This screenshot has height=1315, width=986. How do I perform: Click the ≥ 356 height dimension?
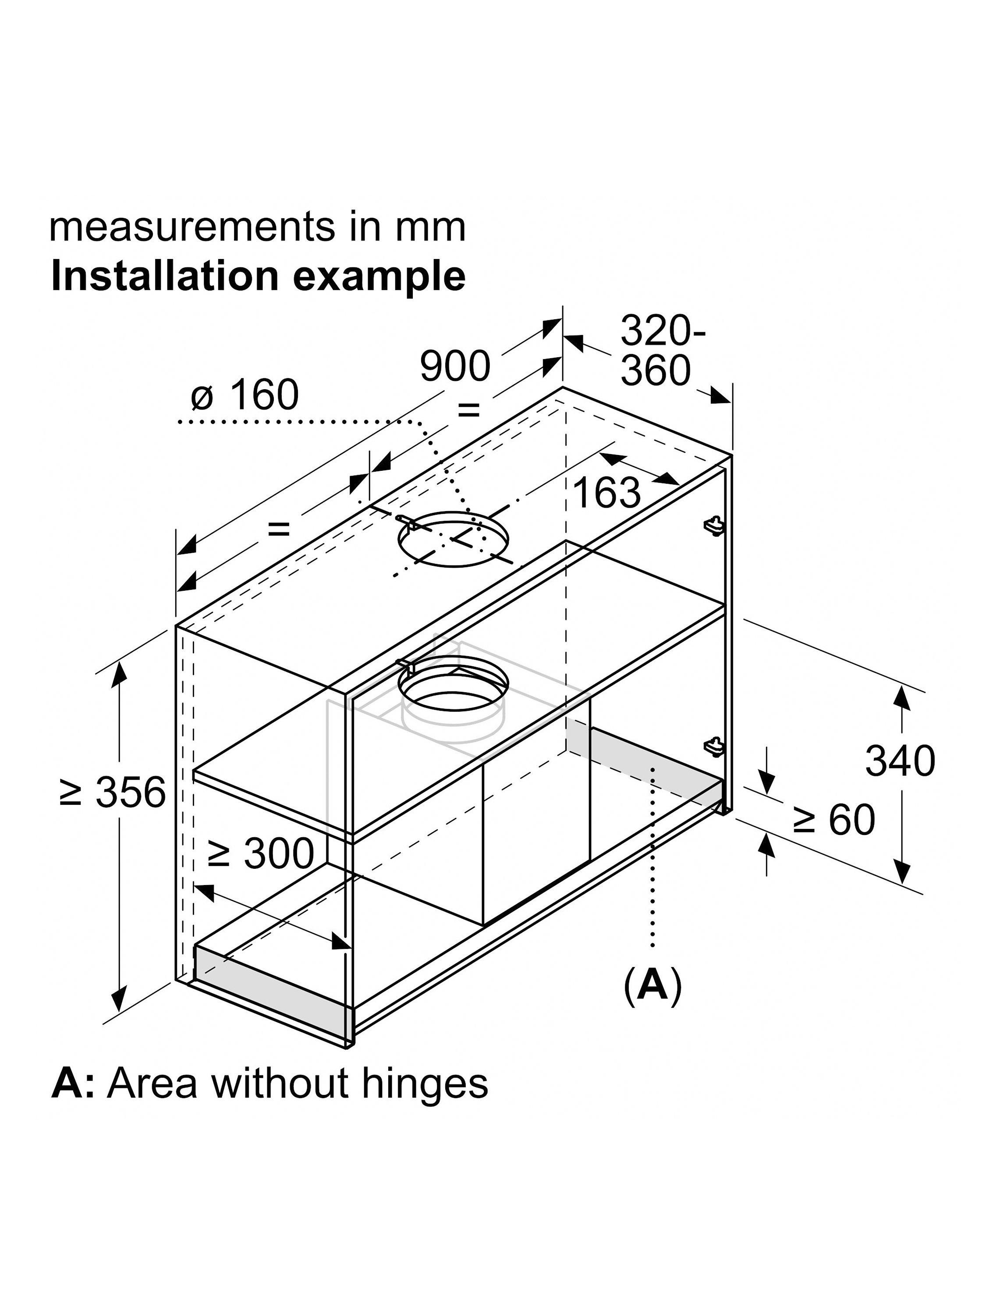(x=113, y=792)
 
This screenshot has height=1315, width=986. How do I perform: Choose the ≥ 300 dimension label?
(x=261, y=854)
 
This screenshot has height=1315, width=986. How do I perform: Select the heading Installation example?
(x=258, y=277)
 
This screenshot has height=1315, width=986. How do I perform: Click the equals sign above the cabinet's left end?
(x=278, y=529)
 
